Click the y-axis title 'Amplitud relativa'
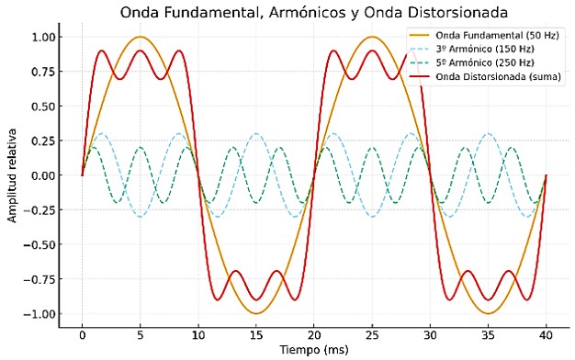(12, 174)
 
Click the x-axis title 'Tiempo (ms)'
(314, 350)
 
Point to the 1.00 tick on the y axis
(42, 37)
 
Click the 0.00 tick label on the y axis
(42, 174)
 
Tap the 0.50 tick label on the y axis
(42, 106)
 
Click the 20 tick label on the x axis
(314, 335)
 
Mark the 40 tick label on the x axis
(547, 335)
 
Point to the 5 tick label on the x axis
(140, 335)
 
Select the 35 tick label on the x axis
(488, 335)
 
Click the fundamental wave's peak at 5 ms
(140, 37)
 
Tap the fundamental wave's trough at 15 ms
(256, 313)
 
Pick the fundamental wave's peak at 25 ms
(372, 37)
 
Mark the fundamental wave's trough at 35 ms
(488, 313)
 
